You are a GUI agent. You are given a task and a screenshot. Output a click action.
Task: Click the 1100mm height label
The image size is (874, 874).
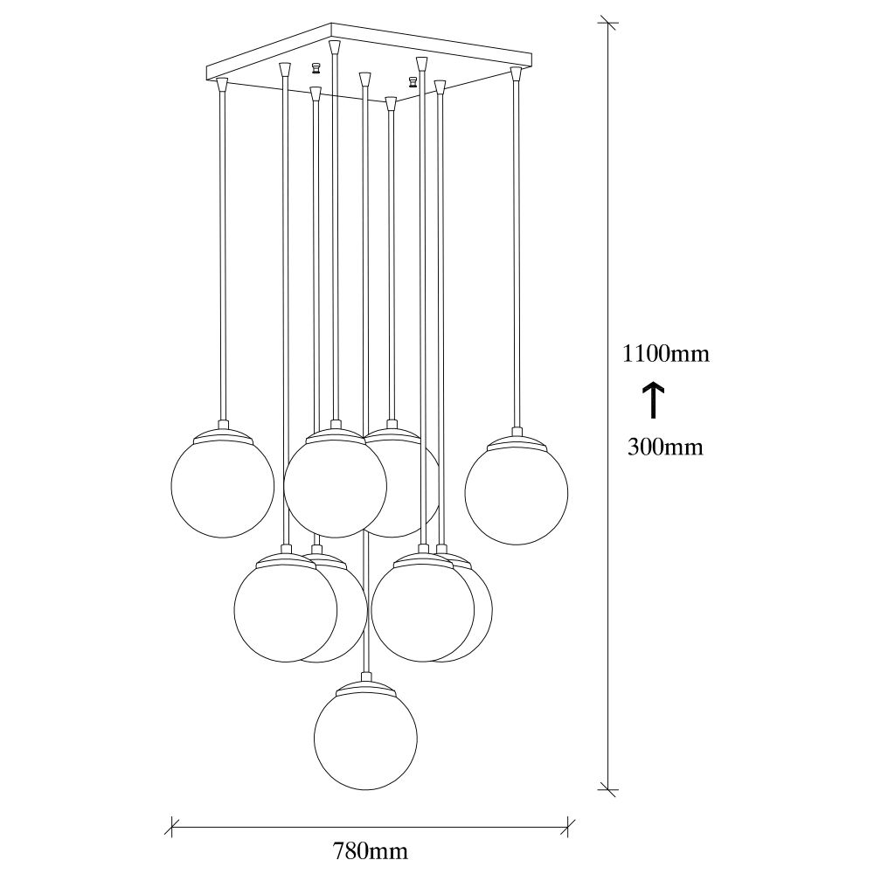point(665,353)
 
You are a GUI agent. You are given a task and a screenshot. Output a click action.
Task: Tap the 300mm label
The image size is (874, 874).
point(665,447)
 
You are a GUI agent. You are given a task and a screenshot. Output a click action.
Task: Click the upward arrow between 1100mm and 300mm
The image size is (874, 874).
point(654,399)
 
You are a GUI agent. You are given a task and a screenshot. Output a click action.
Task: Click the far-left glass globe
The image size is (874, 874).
point(222,486)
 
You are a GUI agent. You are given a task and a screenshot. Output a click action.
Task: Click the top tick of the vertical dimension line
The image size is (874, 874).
point(607,24)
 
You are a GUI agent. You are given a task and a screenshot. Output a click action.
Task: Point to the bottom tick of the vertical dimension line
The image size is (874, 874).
point(607,789)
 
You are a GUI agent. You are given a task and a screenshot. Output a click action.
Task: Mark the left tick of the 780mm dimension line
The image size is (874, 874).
point(173,827)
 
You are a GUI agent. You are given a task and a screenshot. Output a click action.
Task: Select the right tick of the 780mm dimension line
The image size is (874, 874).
point(567,827)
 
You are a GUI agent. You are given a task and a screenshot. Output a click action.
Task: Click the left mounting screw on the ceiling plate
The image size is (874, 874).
point(316,68)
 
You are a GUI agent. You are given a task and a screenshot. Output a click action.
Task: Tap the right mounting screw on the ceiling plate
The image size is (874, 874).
point(413,82)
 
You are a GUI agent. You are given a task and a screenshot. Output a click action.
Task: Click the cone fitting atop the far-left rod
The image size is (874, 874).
point(222,85)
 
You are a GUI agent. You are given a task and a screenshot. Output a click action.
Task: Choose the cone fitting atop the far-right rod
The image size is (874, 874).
point(516,73)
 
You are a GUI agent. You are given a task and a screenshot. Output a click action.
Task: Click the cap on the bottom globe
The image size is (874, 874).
point(365,687)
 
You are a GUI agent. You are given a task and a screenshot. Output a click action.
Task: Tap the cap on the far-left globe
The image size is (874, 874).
point(222,434)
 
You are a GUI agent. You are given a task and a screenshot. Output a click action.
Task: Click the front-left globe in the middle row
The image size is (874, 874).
point(286,610)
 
